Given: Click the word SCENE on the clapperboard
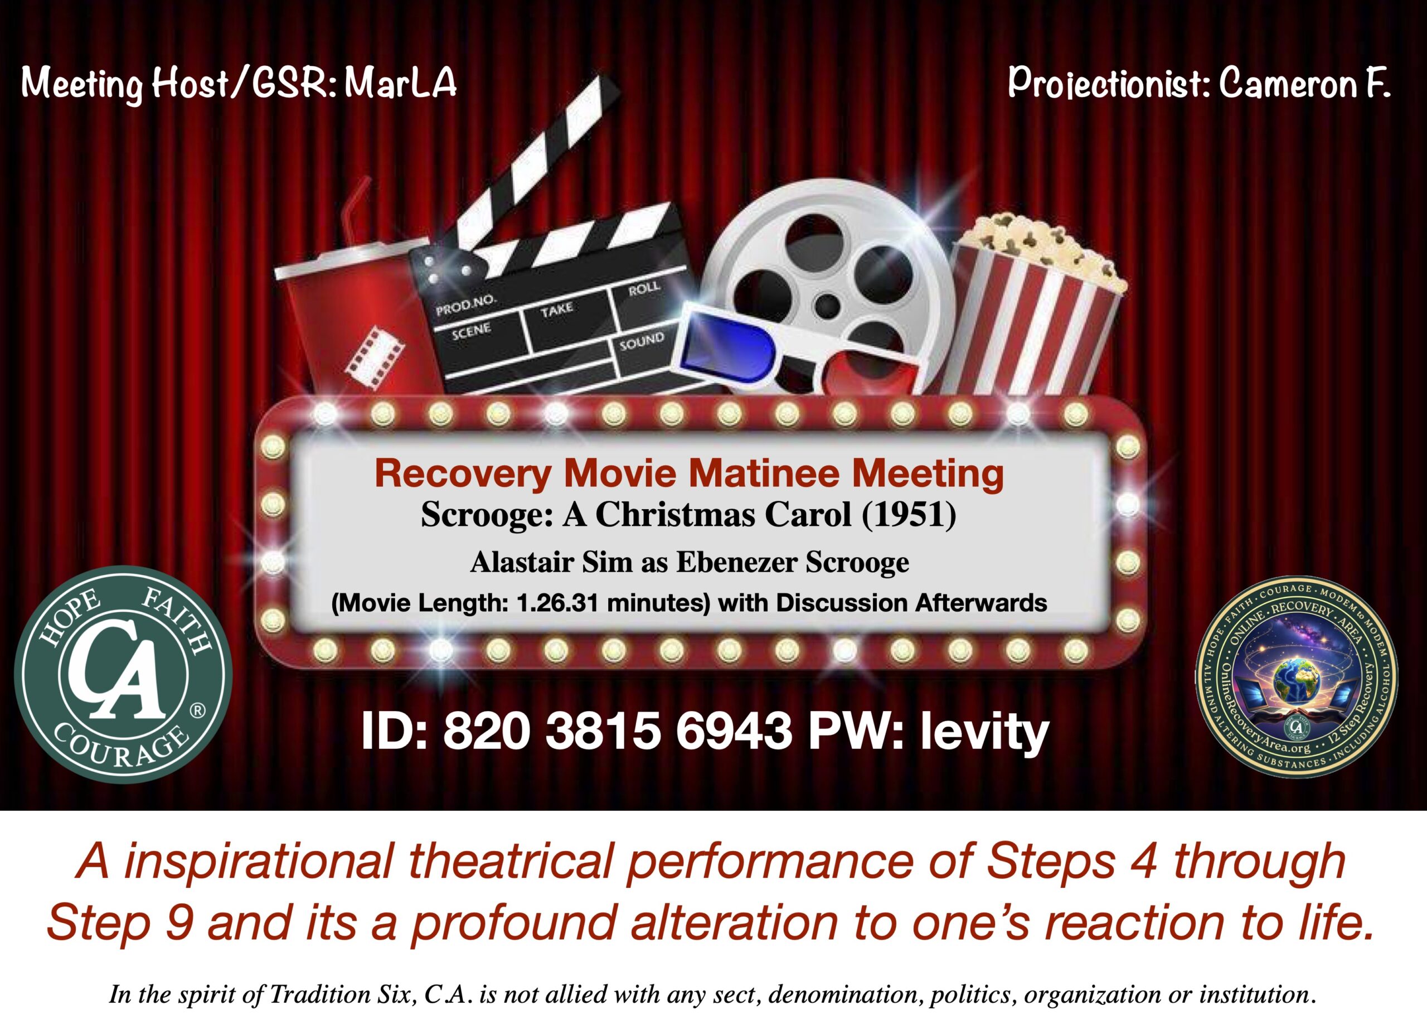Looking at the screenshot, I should point(470,332).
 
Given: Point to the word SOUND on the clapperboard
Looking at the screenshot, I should point(641,342).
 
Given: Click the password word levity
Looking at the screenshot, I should point(984,731).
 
